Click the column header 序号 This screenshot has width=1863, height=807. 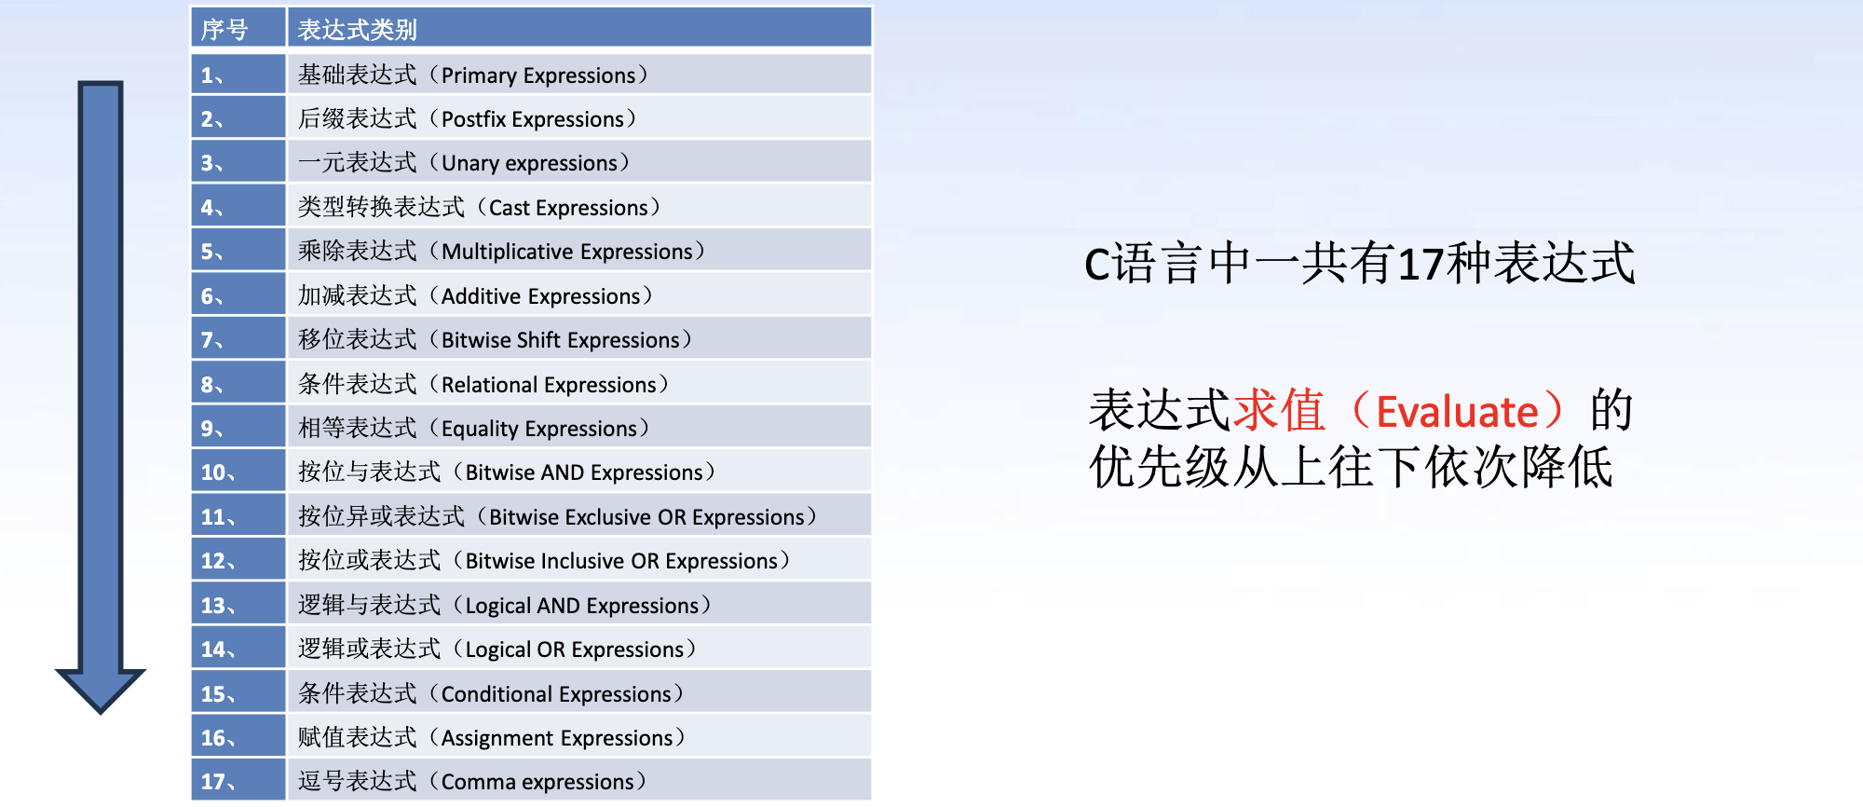click(x=224, y=30)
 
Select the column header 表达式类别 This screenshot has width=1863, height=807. click(x=357, y=30)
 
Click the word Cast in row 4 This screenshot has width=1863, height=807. click(x=510, y=208)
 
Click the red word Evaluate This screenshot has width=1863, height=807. click(x=1457, y=412)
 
